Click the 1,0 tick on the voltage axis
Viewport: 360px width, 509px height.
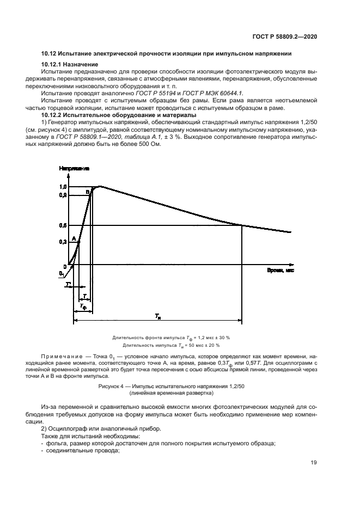tap(63, 187)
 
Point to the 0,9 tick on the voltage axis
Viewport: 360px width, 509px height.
tap(63, 194)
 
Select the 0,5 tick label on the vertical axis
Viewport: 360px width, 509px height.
tap(63, 225)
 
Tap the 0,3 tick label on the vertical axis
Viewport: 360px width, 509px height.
tap(63, 243)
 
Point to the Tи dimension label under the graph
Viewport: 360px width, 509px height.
tap(157, 316)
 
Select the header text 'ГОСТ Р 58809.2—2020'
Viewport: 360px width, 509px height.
tap(286, 36)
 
